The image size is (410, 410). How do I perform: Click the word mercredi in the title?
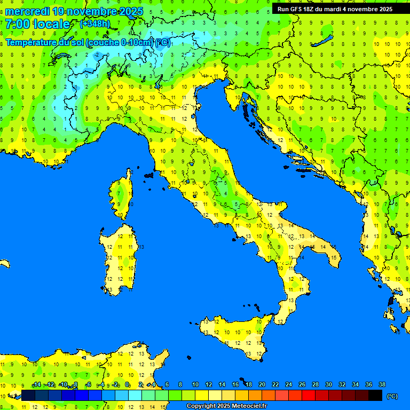[27, 11]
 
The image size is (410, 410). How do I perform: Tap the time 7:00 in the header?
[18, 24]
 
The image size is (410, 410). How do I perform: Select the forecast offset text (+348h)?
[95, 24]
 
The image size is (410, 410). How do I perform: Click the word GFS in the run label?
[297, 9]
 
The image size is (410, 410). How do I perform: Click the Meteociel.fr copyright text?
[226, 406]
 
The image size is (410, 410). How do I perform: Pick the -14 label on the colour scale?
[37, 384]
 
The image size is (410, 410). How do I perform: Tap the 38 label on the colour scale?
[382, 384]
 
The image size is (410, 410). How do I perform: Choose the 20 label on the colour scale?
[262, 384]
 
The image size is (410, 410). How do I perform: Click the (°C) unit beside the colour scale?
[392, 396]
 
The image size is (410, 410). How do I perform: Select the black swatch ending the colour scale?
[375, 396]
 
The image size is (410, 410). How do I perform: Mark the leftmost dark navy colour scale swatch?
[28, 396]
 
